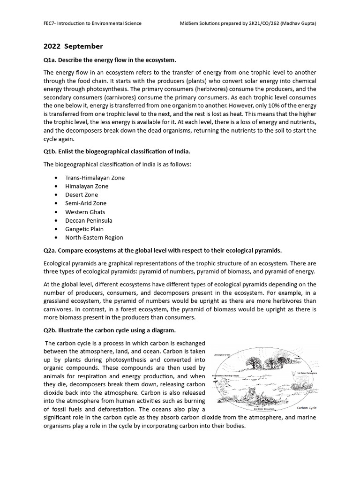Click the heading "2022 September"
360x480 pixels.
[x=73, y=46]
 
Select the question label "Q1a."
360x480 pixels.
[x=51, y=60]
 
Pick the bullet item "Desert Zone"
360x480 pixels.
[x=82, y=195]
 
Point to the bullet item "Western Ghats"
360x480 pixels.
[x=85, y=212]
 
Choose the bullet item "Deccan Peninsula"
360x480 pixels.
[x=88, y=220]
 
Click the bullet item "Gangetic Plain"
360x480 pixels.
[x=84, y=229]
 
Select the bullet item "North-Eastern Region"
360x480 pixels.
[x=94, y=237]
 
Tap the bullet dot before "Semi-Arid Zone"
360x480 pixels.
[x=56, y=203]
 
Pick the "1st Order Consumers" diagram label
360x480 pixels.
[x=304, y=374]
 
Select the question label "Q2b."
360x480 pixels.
[x=51, y=330]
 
